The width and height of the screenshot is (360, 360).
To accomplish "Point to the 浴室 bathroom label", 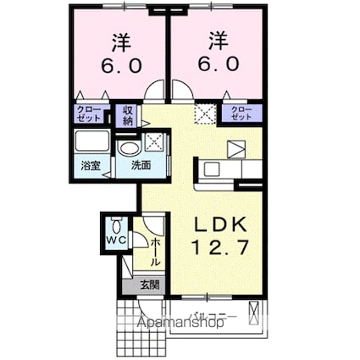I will click(x=90, y=166).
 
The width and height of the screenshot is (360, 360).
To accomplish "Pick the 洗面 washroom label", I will click(x=141, y=166).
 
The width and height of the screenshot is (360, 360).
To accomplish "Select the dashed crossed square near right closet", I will click(x=204, y=114).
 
